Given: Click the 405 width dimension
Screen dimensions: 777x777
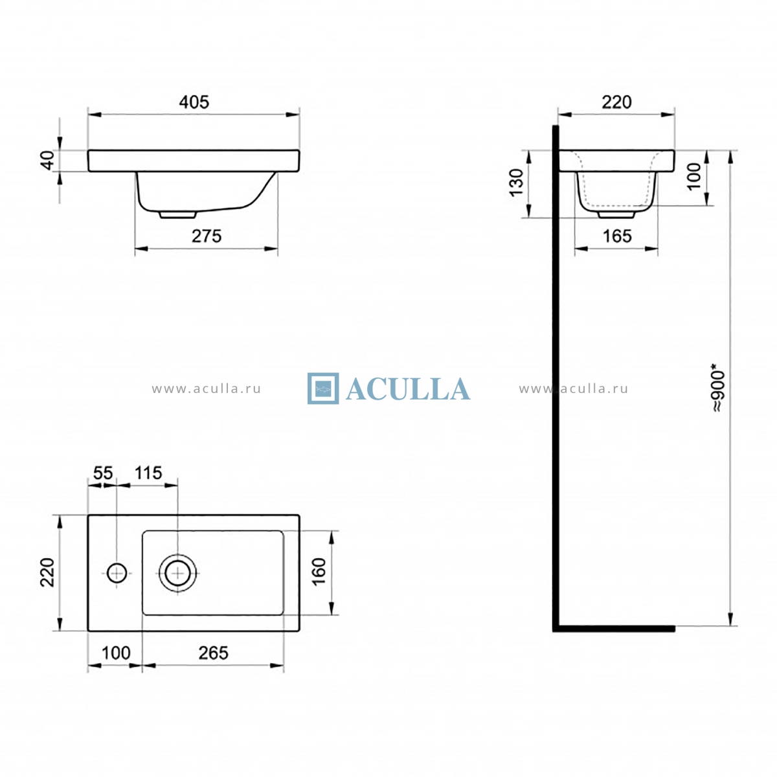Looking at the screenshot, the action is pos(194,102).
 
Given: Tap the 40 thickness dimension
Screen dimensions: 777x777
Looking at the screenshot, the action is pos(48,161).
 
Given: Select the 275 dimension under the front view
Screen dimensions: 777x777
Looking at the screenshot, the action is pos(207,236).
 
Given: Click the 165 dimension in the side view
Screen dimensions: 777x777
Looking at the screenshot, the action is pos(617,236).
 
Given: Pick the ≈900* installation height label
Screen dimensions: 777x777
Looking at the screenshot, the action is pos(718,388).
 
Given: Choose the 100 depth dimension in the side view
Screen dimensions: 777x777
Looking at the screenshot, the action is pos(694,177).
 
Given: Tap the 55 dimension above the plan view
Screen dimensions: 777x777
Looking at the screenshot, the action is pos(103,473).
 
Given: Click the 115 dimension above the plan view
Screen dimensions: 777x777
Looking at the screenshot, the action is pos(148,473).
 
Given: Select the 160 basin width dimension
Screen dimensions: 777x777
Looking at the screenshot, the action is pos(319,572).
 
